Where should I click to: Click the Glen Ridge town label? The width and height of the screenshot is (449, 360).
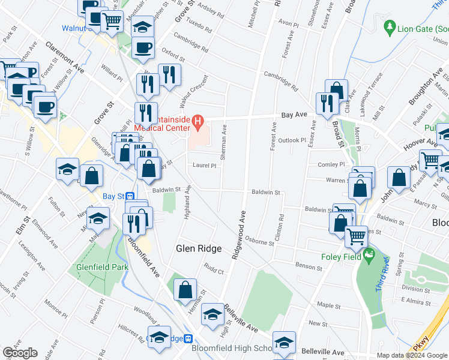[x=199, y=248]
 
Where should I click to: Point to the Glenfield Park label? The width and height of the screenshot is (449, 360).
[x=102, y=267]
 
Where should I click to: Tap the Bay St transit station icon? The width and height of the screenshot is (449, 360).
[x=130, y=196]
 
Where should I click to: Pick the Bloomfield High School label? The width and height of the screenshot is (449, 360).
[x=231, y=348]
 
